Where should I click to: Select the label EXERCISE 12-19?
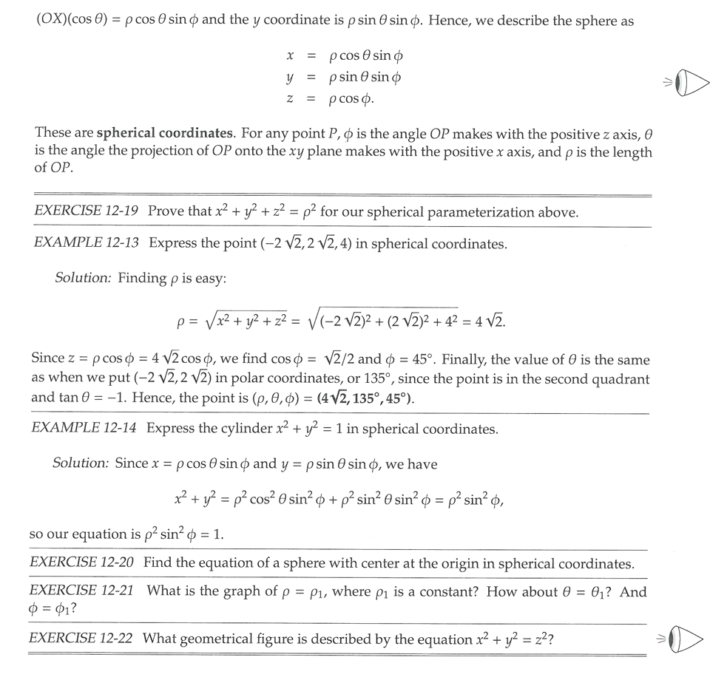pyautogui.click(x=86, y=211)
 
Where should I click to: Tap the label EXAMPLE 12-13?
pyautogui.click(x=86, y=243)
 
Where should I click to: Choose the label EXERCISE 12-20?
pyautogui.click(x=81, y=562)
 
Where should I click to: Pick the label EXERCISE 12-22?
pyautogui.click(x=81, y=638)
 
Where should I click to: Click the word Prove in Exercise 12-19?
pyautogui.click(x=166, y=211)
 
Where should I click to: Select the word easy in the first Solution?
pyautogui.click(x=211, y=278)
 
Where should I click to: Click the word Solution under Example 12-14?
pyautogui.click(x=81, y=463)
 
